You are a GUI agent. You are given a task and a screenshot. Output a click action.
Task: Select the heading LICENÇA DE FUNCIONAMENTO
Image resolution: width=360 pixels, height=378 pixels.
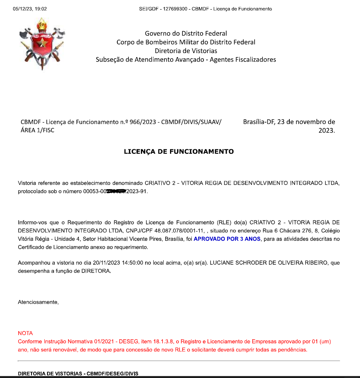tap(179, 152)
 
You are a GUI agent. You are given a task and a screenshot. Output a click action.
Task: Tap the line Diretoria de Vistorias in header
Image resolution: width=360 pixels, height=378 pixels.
tap(186, 51)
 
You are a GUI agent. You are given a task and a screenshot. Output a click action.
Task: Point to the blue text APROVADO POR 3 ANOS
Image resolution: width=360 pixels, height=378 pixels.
tap(227, 239)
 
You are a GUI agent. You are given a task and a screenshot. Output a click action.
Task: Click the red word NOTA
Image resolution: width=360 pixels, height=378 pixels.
tap(25, 333)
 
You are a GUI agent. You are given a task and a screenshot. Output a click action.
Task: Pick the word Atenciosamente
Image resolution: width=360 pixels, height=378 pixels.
tap(38, 302)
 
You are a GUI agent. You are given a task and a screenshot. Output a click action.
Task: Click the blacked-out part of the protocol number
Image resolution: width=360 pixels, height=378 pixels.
tap(113, 192)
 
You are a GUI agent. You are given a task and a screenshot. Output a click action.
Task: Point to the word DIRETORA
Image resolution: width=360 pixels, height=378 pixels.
tap(95, 271)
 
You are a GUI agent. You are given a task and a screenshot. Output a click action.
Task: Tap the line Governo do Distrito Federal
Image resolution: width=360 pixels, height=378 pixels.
tap(186, 34)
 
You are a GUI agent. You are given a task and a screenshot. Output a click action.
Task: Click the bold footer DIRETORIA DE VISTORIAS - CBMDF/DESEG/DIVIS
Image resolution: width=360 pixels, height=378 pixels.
tap(78, 373)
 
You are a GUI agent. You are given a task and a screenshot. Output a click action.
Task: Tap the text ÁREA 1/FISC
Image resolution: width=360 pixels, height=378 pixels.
tap(38, 131)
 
